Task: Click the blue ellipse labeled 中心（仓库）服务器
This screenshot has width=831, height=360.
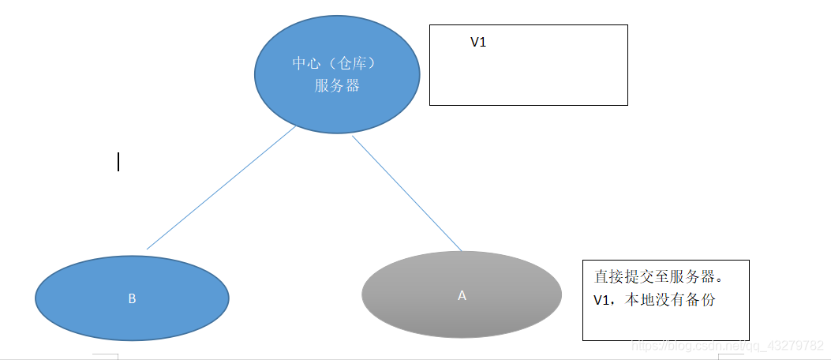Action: point(337,103)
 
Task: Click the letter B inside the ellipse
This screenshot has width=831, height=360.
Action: point(132,298)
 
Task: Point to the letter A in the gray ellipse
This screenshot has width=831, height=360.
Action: point(462,295)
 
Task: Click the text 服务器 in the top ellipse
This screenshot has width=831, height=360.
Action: point(337,86)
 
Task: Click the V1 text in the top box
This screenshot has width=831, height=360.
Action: point(478,43)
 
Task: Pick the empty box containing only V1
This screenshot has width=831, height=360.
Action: point(529,75)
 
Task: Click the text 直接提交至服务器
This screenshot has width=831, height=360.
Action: point(655,277)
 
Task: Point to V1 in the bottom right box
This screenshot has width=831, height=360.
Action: point(602,300)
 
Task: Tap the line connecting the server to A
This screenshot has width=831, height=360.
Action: point(406,193)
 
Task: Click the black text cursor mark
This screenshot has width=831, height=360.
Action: point(118,162)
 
